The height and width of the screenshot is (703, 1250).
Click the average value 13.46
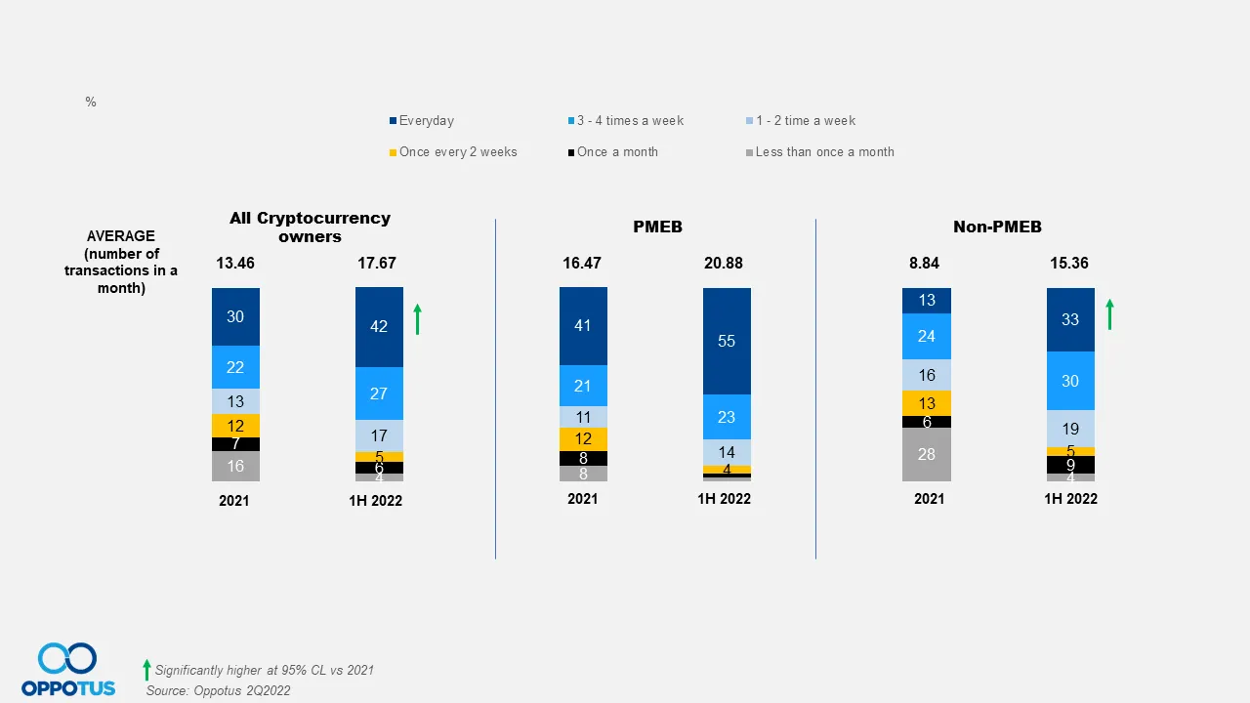235,264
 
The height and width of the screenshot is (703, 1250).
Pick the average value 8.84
926,264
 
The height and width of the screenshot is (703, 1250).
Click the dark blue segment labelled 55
727,341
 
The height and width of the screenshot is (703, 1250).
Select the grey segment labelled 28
926,454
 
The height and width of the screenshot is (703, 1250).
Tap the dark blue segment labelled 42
379,327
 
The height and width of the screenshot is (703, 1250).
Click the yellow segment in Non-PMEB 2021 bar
926,403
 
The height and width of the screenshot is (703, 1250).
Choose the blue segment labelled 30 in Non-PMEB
1070,381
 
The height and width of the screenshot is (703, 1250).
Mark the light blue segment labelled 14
727,452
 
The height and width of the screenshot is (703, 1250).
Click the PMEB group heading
657,227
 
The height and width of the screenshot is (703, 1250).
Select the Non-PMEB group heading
997,227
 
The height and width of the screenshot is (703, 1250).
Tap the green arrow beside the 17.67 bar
418,319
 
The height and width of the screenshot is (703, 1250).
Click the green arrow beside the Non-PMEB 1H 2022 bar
1109,314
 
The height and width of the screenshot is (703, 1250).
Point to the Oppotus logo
68,670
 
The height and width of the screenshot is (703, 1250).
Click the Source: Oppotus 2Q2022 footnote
218,690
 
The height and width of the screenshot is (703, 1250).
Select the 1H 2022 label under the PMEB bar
724,499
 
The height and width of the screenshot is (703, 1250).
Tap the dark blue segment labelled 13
926,300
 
